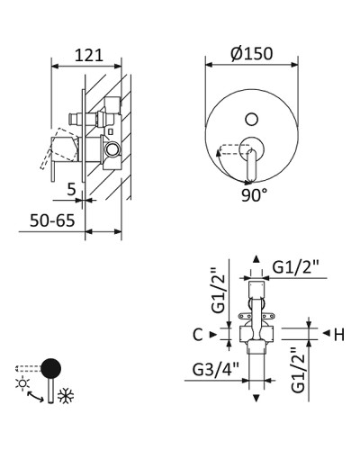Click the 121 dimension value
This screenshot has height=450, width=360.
tap(88, 56)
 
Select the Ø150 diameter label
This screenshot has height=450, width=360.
tap(252, 53)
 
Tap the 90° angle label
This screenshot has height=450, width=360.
tap(254, 195)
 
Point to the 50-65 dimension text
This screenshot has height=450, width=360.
tap(52, 220)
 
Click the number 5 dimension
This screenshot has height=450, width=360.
tap(71, 189)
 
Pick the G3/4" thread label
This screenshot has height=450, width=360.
tap(216, 369)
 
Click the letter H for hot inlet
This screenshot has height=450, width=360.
tap(339, 335)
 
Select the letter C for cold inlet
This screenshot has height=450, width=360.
tap(198, 335)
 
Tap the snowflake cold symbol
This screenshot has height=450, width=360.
tap(66, 396)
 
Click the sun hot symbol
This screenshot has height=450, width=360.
tap(22, 383)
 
